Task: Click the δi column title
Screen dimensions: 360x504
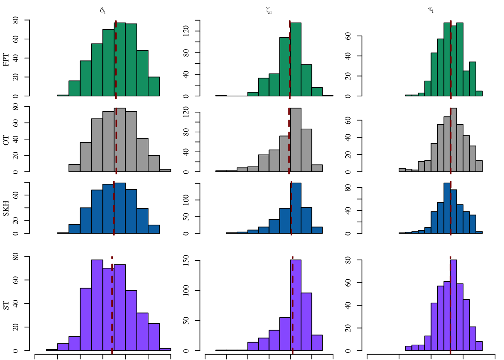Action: coord(103,10)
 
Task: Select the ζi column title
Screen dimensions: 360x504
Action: coord(269,10)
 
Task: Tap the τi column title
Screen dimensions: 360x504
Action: coord(431,10)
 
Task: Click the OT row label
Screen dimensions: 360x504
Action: coord(6,141)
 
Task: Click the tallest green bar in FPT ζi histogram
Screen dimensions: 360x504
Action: coord(295,60)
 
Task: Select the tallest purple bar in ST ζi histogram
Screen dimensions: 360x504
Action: coord(295,306)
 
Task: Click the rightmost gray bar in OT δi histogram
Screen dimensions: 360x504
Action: coord(165,170)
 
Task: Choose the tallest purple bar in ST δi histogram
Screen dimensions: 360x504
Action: coord(97,306)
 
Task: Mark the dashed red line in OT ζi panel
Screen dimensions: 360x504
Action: coord(289,141)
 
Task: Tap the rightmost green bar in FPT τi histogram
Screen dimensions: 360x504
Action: coord(479,93)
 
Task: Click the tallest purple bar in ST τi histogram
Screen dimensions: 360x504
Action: coord(453,306)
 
